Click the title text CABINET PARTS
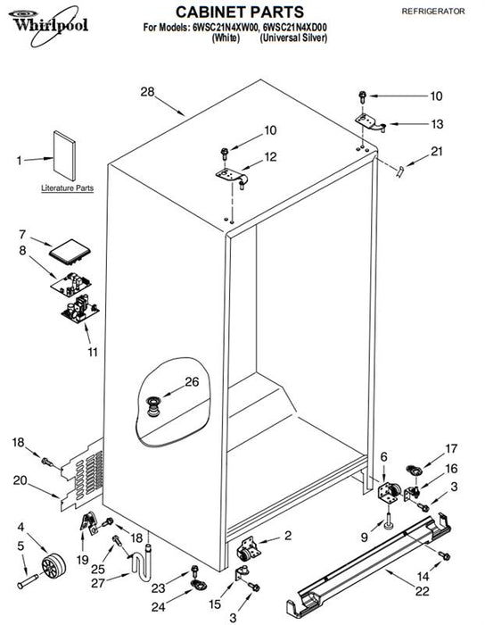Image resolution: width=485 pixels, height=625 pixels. (240, 12)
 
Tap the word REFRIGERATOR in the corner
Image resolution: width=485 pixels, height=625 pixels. (433, 11)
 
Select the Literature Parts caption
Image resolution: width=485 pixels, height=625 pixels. (67, 188)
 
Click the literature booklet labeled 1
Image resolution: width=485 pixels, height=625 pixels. (64, 155)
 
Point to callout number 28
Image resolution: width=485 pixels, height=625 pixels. (147, 92)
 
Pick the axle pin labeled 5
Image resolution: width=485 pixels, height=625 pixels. (28, 580)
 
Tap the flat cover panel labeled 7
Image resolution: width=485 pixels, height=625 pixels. (70, 252)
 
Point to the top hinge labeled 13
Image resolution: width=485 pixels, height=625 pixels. (370, 123)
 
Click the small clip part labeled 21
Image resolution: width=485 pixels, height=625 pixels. (399, 172)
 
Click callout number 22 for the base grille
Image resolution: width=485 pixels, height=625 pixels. (422, 591)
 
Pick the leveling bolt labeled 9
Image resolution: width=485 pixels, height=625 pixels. (388, 523)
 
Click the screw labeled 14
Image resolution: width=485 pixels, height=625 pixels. (444, 555)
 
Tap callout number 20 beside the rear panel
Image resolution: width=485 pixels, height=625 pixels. (20, 480)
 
